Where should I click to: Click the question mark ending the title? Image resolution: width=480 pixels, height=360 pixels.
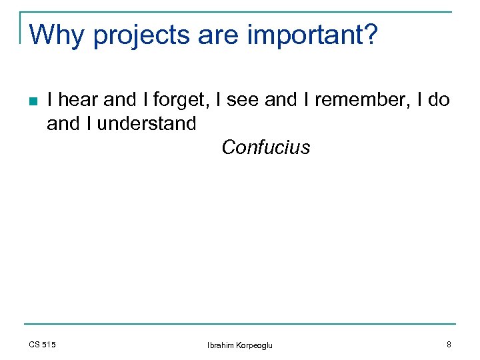[370, 35]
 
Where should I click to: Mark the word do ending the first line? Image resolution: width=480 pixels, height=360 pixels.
[439, 101]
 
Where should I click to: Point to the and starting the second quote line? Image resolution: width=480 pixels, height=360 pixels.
[62, 123]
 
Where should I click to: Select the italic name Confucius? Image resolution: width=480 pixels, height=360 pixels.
[266, 147]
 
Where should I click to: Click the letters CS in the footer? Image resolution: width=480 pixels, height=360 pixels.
[35, 344]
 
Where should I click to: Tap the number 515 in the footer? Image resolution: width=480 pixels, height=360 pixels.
[49, 344]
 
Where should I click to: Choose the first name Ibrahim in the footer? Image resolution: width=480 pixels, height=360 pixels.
[220, 345]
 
